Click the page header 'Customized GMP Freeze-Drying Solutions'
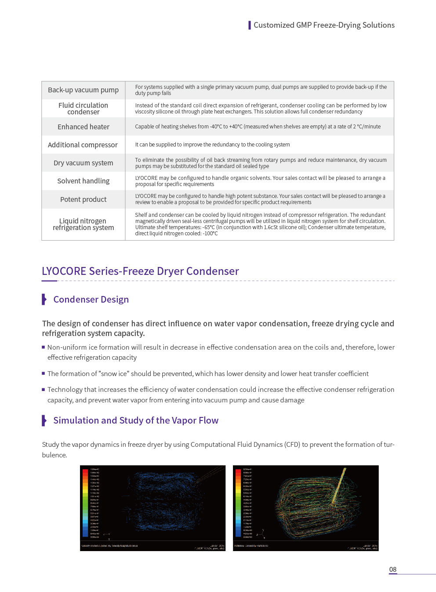(324, 25)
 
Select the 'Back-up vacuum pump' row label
(83, 90)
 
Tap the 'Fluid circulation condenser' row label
(83, 109)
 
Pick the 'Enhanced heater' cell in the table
(83, 127)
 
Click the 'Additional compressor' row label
(83, 145)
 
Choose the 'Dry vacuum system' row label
(83, 163)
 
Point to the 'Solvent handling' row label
(83, 181)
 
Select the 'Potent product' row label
(83, 200)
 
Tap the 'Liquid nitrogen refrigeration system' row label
(83, 224)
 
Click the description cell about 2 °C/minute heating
(258, 127)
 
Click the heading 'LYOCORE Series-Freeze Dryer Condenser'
(140, 271)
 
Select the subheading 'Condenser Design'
(91, 300)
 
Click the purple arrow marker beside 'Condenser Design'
(44, 300)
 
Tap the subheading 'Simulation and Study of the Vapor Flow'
(136, 420)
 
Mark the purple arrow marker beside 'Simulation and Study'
(44, 420)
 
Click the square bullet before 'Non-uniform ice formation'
(44, 347)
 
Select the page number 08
(393, 570)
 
